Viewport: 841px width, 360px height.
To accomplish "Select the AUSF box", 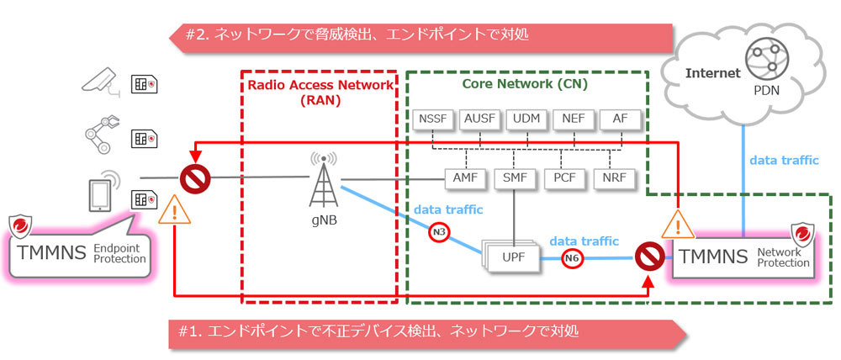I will pyautogui.click(x=480, y=119).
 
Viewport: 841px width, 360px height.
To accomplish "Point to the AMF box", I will pyautogui.click(x=460, y=179).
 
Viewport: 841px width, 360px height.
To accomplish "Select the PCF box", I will pyautogui.click(x=563, y=179).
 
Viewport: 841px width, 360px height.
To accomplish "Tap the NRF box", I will pyautogui.click(x=613, y=179).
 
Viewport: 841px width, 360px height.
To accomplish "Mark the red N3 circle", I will pyautogui.click(x=438, y=230).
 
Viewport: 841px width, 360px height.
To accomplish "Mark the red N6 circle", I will pyautogui.click(x=572, y=258).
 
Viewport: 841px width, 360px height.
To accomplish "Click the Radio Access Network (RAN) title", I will pyautogui.click(x=320, y=92).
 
